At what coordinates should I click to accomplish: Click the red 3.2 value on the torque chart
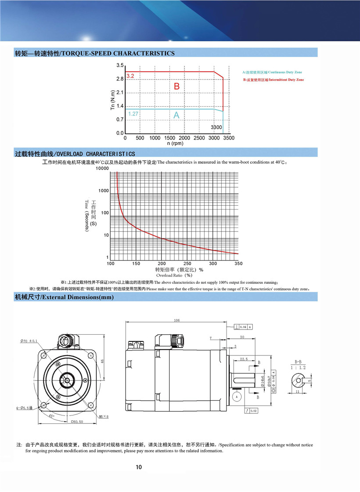pos(130,76)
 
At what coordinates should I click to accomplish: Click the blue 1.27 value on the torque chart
pos(133,114)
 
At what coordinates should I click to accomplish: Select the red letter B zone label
pos(176,87)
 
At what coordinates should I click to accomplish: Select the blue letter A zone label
pos(176,115)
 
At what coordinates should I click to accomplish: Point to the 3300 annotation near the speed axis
pos(216,127)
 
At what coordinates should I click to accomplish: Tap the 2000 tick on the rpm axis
pos(184,138)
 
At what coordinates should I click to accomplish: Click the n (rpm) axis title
pos(175,143)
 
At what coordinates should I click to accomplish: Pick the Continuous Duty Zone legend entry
pos(272,72)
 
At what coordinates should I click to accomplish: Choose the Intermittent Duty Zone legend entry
pos(273,80)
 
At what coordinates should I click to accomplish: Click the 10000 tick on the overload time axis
pos(102,168)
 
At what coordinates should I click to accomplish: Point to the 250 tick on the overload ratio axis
pos(187,264)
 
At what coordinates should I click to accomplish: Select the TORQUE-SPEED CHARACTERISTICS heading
pos(95,54)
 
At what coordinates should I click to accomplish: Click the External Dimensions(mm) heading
pos(64,297)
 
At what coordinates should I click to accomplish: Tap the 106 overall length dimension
pos(176,321)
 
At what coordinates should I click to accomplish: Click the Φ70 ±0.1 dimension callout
pos(29,340)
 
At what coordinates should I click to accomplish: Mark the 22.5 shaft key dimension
pos(244,359)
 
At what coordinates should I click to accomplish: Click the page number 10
pos(139,467)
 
